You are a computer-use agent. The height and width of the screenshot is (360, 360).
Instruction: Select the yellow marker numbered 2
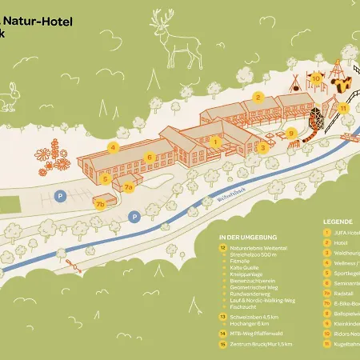[258, 96]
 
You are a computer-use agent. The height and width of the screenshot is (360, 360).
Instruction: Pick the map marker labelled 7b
[100, 203]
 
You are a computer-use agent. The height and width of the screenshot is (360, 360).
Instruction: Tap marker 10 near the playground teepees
[317, 78]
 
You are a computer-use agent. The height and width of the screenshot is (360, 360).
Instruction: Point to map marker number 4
[114, 146]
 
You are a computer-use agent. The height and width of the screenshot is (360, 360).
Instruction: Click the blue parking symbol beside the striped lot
[58, 194]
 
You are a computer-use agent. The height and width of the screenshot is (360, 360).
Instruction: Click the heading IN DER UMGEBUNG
[247, 237]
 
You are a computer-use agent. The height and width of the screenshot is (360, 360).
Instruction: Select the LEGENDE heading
[337, 221]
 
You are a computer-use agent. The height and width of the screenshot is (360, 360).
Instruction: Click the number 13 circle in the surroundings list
[222, 317]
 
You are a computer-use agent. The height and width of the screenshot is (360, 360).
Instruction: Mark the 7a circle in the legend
[327, 303]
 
